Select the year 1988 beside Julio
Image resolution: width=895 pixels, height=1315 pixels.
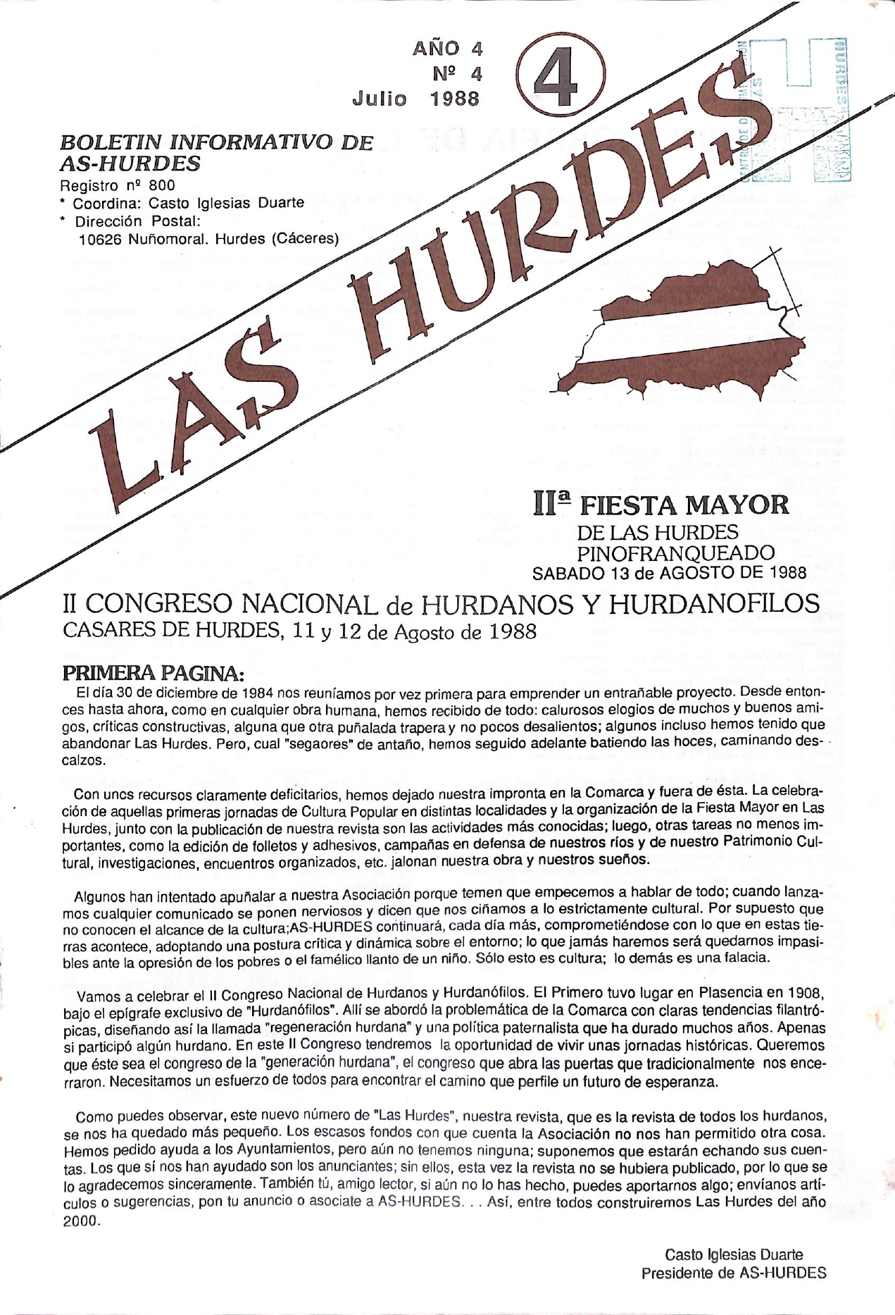(455, 98)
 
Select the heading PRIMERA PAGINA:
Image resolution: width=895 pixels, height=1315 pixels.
(153, 672)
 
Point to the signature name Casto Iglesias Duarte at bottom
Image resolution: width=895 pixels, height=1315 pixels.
(733, 1254)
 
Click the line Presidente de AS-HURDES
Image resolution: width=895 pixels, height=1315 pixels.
(733, 1273)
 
